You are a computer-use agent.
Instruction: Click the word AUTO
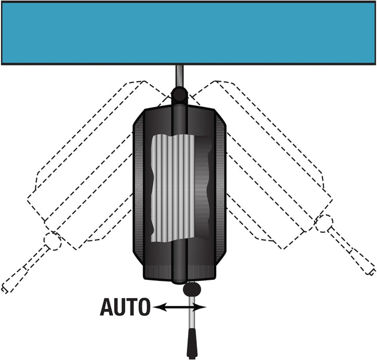click(125, 307)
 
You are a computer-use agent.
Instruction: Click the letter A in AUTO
click(106, 307)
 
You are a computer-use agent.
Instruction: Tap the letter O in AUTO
click(143, 307)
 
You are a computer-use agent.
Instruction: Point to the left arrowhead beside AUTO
click(159, 307)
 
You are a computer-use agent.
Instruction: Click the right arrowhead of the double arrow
click(200, 307)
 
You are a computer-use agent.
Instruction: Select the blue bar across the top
click(188, 33)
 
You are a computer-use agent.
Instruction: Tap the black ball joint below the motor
click(192, 289)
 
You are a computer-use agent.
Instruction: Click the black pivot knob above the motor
click(179, 95)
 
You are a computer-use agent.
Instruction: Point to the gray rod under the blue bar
click(180, 77)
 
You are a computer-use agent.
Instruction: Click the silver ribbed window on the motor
click(173, 188)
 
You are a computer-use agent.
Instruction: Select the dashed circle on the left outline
click(53, 242)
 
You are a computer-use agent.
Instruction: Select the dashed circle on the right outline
click(324, 224)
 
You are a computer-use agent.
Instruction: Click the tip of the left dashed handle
click(5, 290)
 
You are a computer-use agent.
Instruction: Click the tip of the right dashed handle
click(371, 271)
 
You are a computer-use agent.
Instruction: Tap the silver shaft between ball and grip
click(192, 313)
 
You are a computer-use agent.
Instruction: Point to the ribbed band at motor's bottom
click(179, 272)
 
